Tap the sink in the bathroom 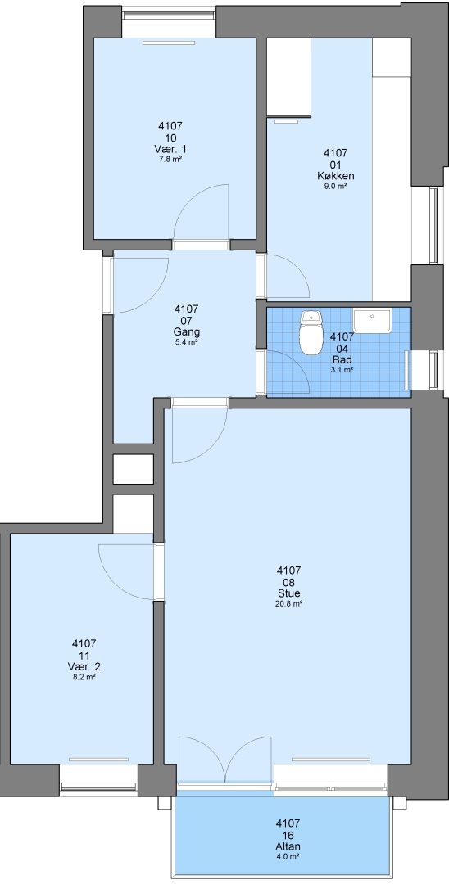(x=372, y=321)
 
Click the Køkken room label (x=336, y=176)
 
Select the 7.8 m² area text (x=170, y=159)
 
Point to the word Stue (x=288, y=593)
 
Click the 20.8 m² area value (x=288, y=603)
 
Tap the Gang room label (x=186, y=332)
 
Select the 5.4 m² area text (x=186, y=342)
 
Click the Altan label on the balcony (x=288, y=846)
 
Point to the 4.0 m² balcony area (x=288, y=856)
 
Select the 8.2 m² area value (x=84, y=677)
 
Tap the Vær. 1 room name (x=170, y=150)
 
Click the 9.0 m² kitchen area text (x=336, y=186)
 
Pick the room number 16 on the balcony (x=288, y=836)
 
